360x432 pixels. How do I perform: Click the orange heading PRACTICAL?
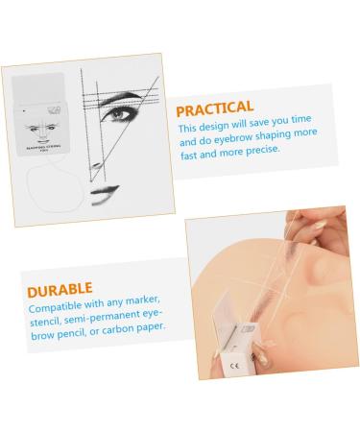coord(214,107)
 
